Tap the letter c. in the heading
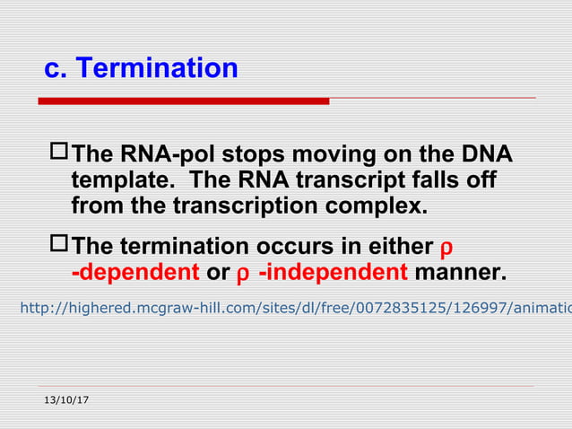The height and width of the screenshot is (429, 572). (56, 68)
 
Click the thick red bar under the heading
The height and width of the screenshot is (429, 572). (184, 101)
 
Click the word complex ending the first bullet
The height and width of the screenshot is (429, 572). (379, 206)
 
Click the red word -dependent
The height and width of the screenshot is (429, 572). (134, 272)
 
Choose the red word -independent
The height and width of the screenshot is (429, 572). (333, 272)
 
